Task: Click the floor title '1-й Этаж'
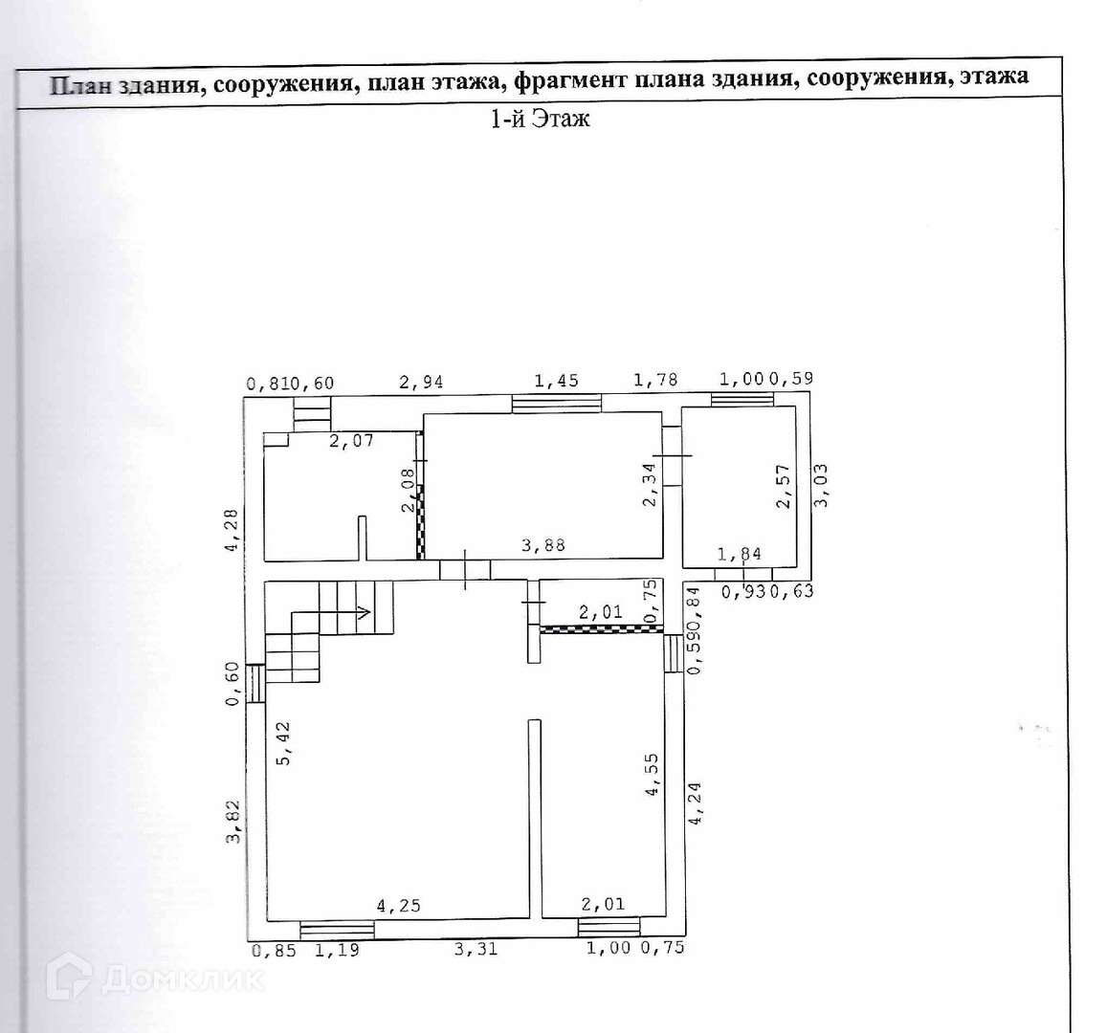540,119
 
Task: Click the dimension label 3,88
542,546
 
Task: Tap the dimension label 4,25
398,905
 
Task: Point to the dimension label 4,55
653,776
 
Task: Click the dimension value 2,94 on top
421,383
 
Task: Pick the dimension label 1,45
556,382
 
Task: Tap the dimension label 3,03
821,485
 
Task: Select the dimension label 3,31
476,949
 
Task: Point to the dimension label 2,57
784,487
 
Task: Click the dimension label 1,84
739,554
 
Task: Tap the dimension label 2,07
351,441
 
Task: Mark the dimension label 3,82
232,823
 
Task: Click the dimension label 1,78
655,380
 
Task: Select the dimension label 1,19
337,950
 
